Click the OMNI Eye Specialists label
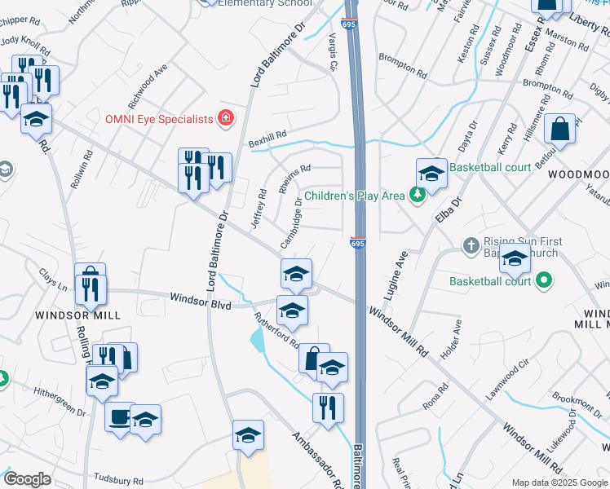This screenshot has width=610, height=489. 158,119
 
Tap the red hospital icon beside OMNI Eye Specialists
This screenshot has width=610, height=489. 225,119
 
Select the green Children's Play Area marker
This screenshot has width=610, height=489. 418,196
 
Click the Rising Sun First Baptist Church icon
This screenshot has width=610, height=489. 471,245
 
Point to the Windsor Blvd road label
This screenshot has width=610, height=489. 200,301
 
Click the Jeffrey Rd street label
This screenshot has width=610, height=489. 259,208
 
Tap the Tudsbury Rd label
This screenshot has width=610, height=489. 119,480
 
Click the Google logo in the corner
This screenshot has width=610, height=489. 27,479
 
